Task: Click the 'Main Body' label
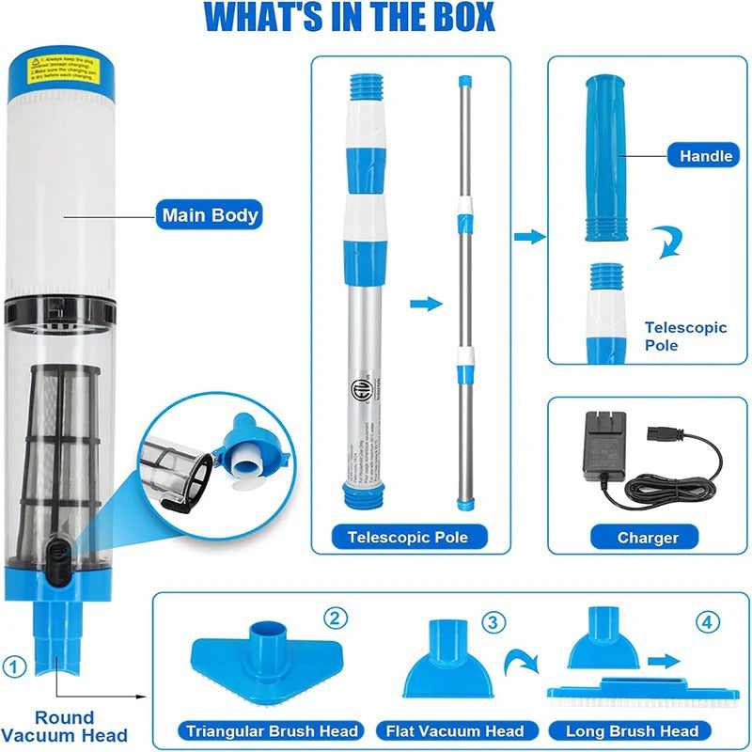(209, 214)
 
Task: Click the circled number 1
(14, 666)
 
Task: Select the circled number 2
(336, 618)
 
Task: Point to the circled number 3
(493, 621)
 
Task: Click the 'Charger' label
(648, 538)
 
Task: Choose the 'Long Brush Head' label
(632, 730)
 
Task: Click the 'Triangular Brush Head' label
(272, 730)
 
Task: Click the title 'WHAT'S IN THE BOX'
(349, 17)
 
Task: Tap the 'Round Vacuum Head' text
(65, 727)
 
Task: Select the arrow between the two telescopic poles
(426, 304)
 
